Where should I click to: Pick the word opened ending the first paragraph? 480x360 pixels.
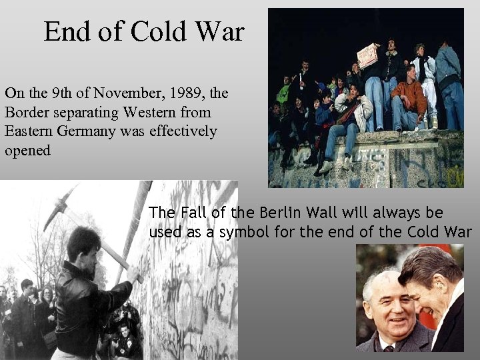pos(27,151)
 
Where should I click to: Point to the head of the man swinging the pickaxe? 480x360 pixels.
pos(85,243)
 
